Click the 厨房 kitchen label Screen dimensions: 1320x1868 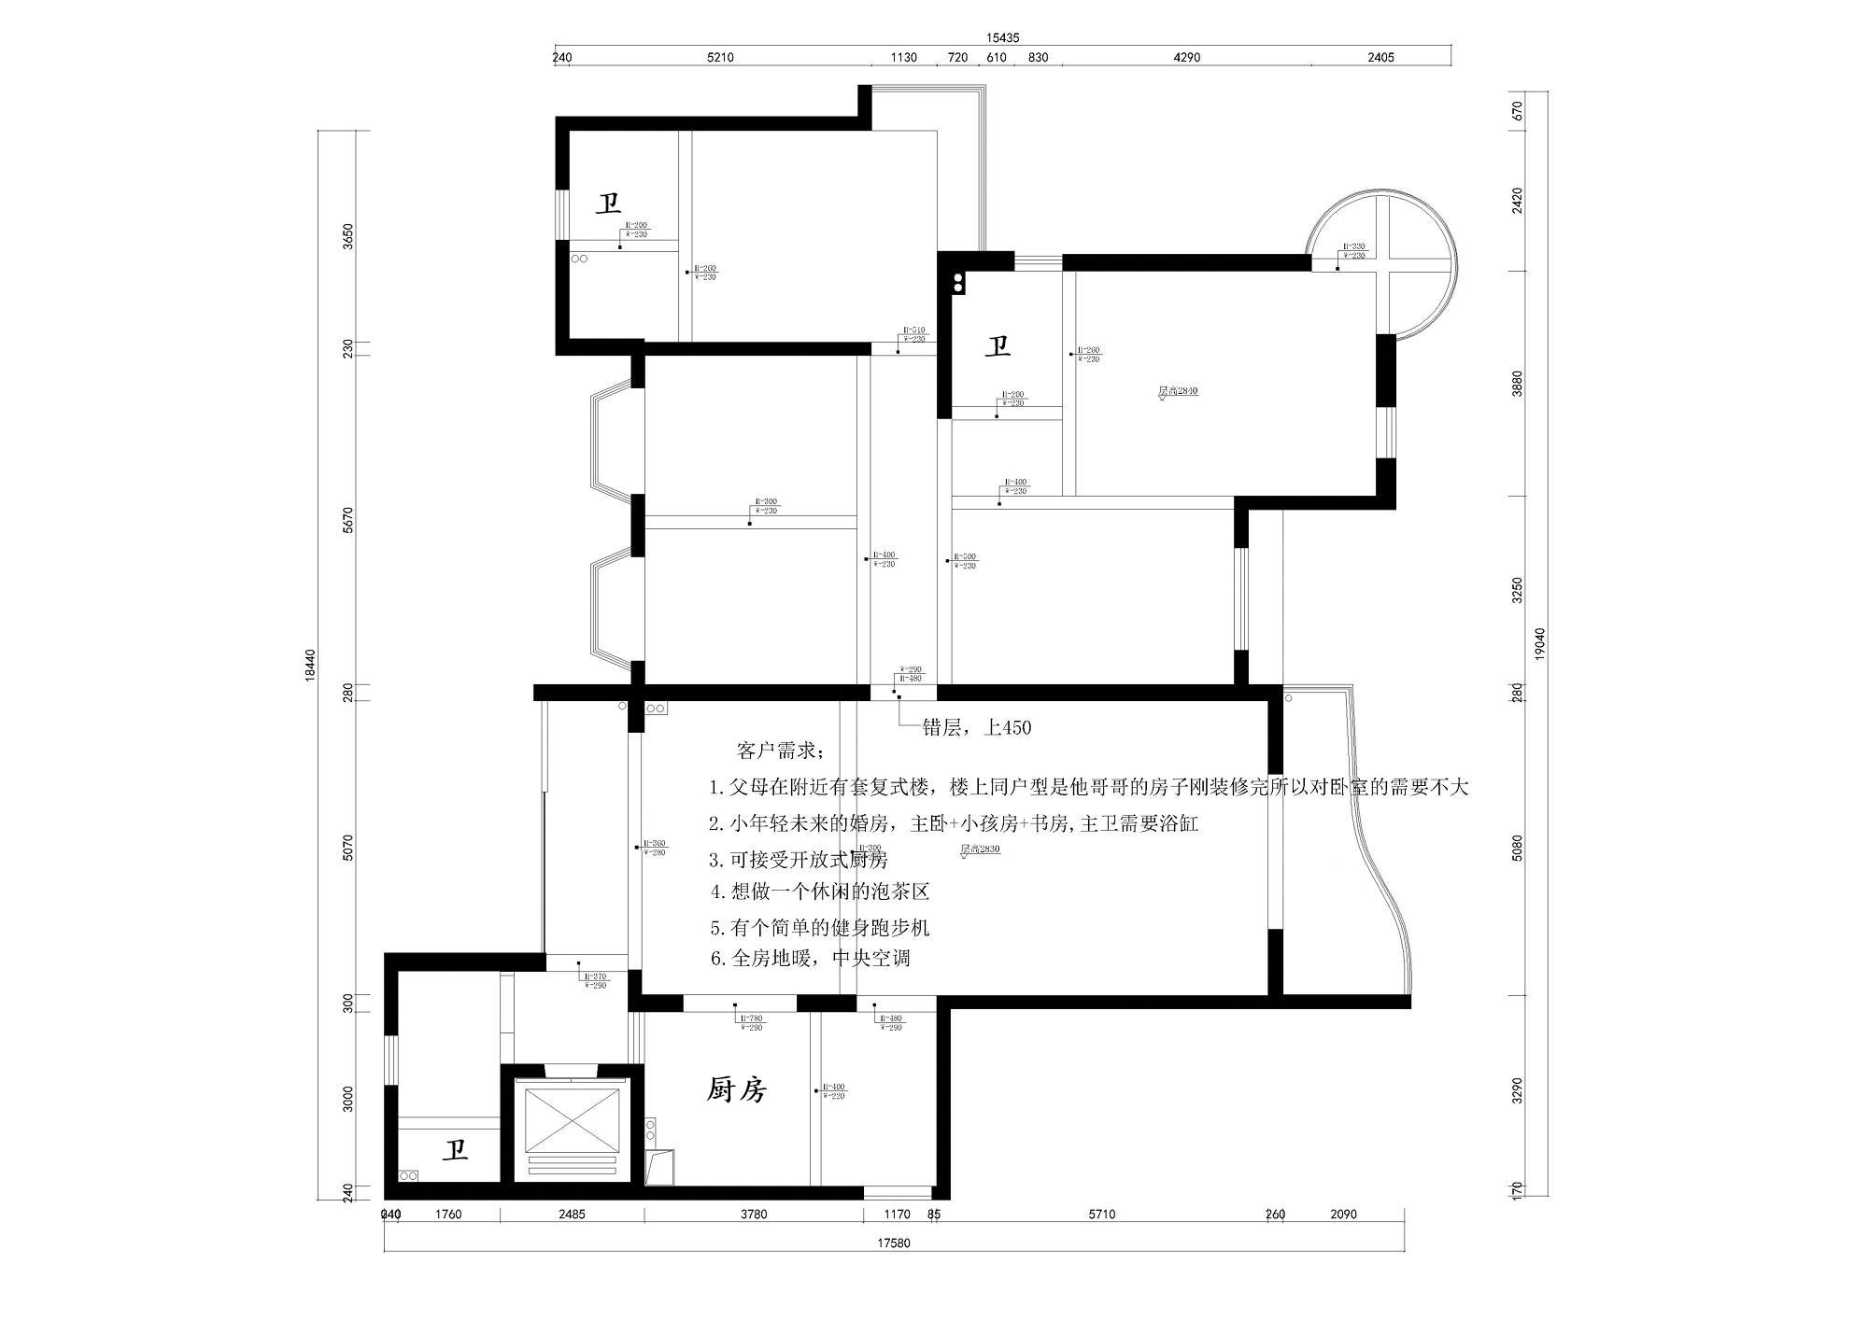(x=737, y=1089)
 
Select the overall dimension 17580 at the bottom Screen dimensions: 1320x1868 (x=893, y=1243)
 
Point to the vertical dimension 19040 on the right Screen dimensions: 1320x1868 (x=1540, y=644)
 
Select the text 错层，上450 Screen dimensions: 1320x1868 (x=977, y=728)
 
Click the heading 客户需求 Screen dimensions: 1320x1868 (x=780, y=751)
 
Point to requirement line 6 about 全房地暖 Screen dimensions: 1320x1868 (x=810, y=959)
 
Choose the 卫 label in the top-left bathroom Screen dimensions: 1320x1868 (x=609, y=204)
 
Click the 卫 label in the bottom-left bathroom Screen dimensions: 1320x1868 (x=455, y=1150)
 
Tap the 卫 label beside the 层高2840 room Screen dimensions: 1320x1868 (x=998, y=347)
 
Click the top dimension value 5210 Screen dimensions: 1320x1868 (x=720, y=58)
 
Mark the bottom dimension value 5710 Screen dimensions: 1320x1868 (x=1102, y=1215)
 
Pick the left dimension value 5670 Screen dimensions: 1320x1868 (x=348, y=520)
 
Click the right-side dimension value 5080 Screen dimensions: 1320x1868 (x=1517, y=848)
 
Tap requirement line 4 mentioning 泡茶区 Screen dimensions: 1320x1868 (x=820, y=892)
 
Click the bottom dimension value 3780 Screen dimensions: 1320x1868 (x=753, y=1215)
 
